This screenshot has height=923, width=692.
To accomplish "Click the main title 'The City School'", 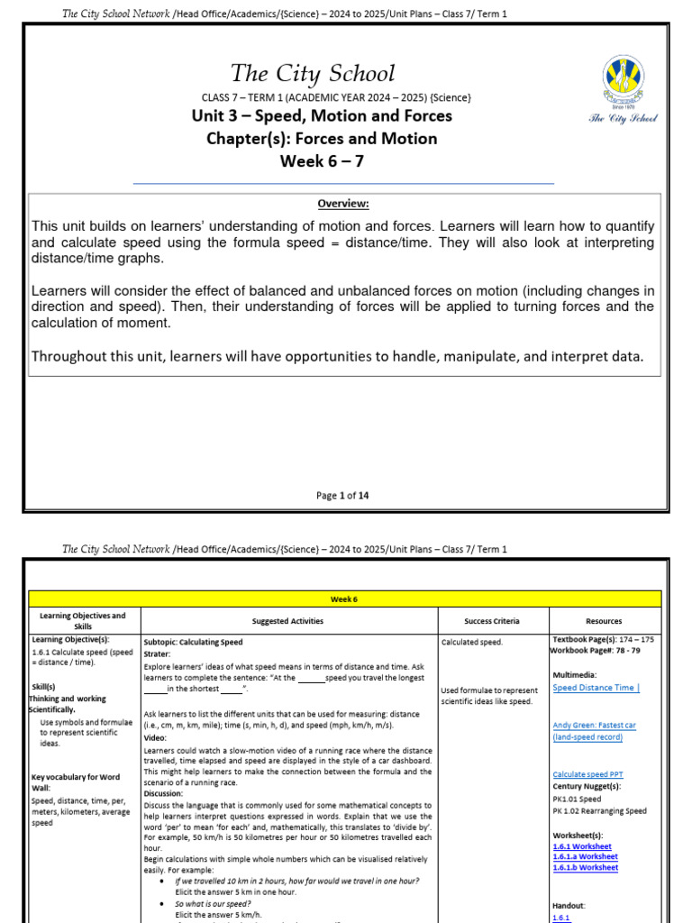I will (x=312, y=73).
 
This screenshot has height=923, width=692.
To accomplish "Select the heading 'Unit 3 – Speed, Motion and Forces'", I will (x=322, y=115).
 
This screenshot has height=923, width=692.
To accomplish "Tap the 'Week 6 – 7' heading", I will (x=322, y=161).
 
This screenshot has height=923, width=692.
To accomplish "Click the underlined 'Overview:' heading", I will (x=342, y=204).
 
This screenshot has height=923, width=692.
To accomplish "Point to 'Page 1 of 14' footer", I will (x=342, y=495).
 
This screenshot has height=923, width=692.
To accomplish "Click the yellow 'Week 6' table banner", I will (x=345, y=599).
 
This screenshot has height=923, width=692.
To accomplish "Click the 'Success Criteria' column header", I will (x=492, y=621).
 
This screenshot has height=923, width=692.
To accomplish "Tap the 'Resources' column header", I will (x=604, y=621).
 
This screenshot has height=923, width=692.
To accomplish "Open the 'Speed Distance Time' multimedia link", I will (x=596, y=688).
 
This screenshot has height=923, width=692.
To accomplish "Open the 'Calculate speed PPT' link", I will (x=587, y=774).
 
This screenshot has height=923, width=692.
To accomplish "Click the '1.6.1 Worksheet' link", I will (x=582, y=846).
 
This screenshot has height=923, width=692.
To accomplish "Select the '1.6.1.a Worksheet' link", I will (x=586, y=856).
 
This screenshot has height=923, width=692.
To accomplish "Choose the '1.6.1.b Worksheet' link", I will (x=586, y=867).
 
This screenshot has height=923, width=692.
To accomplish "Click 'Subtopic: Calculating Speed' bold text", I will (x=193, y=642).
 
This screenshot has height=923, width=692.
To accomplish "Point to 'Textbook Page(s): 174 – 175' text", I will (x=603, y=639).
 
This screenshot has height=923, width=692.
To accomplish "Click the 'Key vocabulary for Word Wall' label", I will (x=75, y=781).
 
